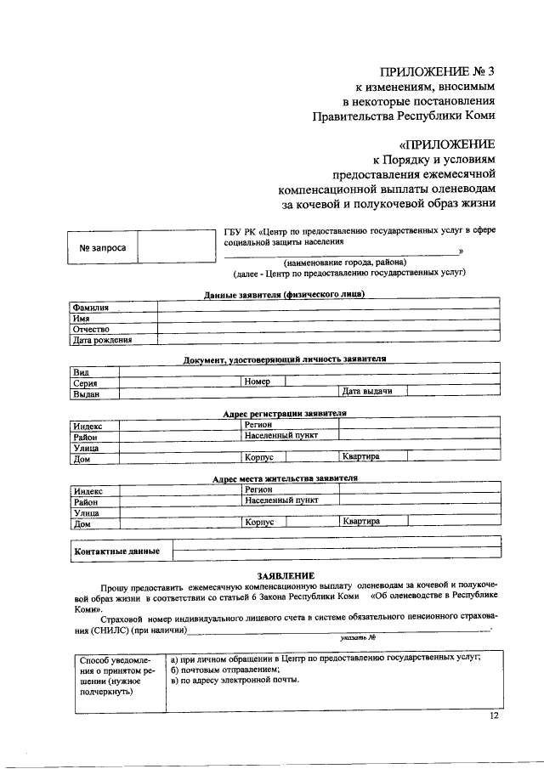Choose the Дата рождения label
(102, 340)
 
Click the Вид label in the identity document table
(82, 372)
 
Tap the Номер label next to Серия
(257, 382)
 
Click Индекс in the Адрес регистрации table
(88, 425)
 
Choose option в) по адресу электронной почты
(235, 681)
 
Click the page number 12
(495, 716)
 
